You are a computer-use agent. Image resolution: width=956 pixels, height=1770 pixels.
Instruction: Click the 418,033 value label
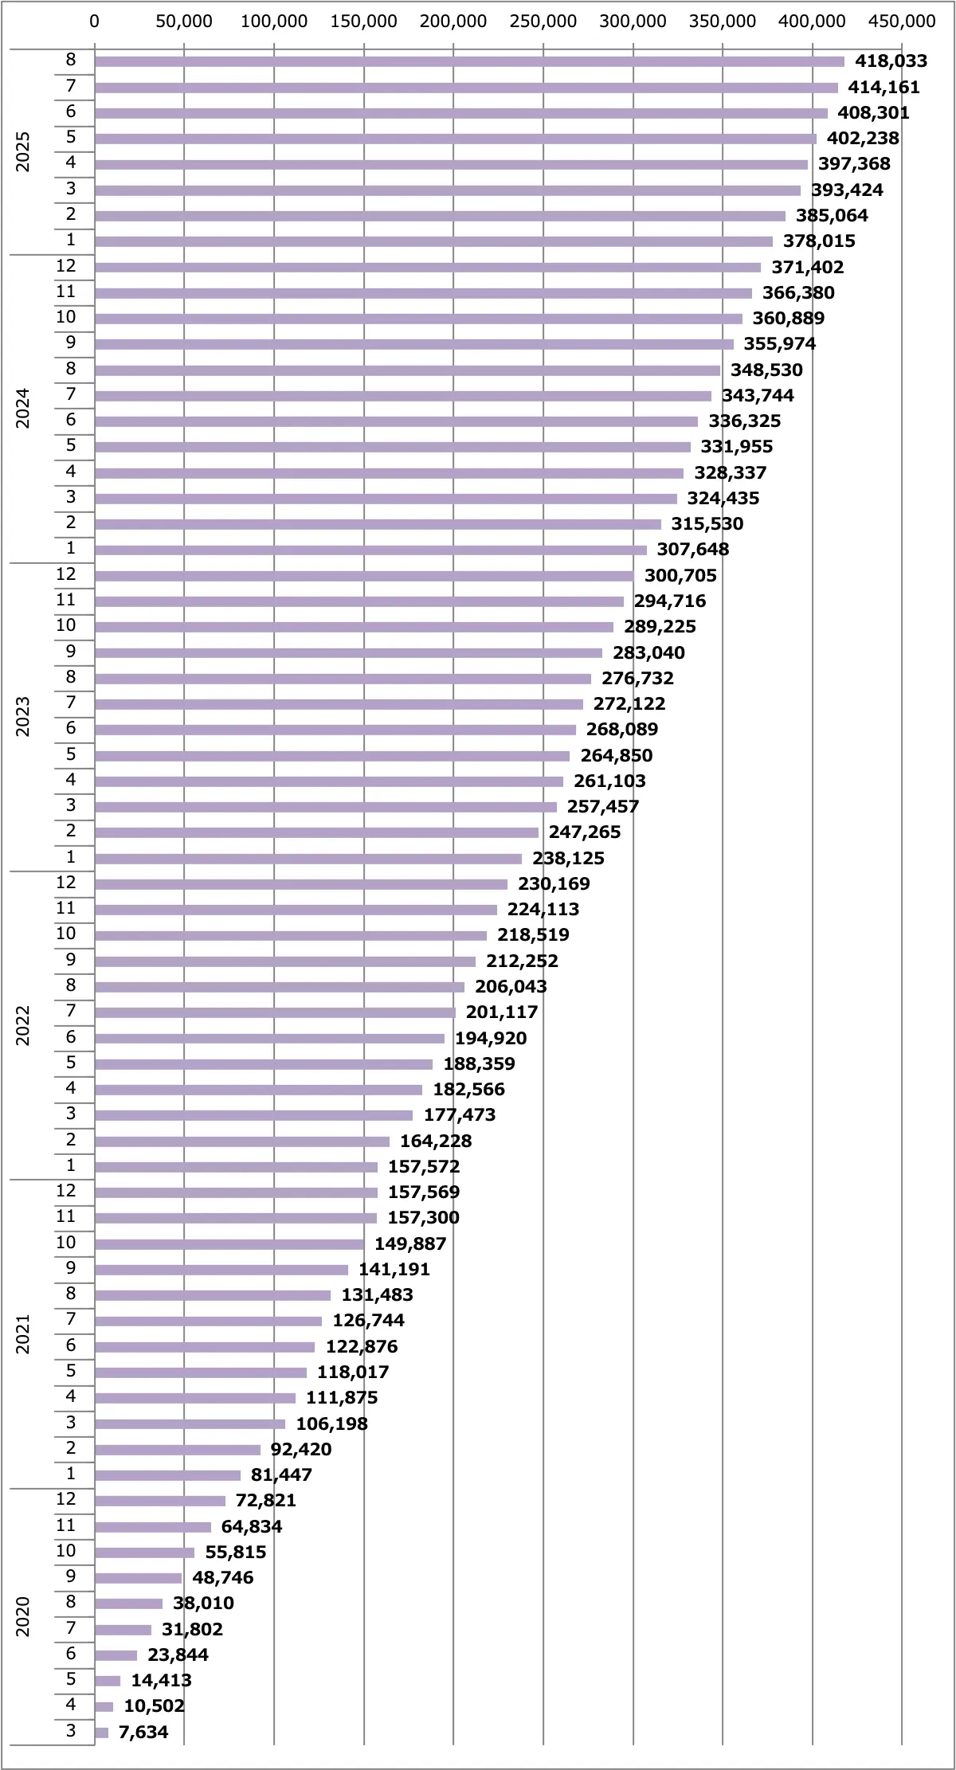pos(891,61)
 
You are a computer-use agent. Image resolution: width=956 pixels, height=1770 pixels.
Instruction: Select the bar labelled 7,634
pos(101,1733)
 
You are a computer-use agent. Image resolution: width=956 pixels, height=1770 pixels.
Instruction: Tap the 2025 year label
pos(23,151)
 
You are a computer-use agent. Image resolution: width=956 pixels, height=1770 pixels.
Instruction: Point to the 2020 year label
pos(23,1616)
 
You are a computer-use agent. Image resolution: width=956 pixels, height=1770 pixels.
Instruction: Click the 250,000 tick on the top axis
pos(543,22)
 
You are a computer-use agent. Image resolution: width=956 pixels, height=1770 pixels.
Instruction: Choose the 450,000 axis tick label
pos(902,22)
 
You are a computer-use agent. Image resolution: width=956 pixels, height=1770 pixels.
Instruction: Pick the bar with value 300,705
pos(364,576)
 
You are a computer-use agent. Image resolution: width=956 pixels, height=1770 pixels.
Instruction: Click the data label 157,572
pos(424,1167)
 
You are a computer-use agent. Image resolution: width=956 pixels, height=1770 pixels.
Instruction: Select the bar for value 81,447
pos(167,1475)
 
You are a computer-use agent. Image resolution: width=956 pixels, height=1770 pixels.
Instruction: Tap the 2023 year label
pos(23,716)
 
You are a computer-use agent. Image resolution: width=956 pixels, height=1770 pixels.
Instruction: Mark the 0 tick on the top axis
pos(95,22)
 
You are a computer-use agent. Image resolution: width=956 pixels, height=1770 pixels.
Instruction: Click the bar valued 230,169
pos(301,884)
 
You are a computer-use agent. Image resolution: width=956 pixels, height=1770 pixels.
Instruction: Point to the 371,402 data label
pos(807,268)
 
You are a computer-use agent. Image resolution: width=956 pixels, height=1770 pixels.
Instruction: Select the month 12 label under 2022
pos(66,883)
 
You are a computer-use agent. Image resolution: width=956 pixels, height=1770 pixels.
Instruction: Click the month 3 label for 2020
pos(71,1731)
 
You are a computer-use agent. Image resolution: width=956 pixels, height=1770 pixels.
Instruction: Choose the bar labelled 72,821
pos(160,1501)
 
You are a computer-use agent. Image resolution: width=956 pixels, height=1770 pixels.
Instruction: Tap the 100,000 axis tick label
pos(274,22)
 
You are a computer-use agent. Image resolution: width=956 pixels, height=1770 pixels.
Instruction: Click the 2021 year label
pos(23,1333)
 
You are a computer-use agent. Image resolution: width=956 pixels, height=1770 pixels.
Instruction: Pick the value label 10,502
pos(154,1706)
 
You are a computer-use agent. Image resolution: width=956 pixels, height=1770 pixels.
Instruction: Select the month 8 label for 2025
pos(71,60)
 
